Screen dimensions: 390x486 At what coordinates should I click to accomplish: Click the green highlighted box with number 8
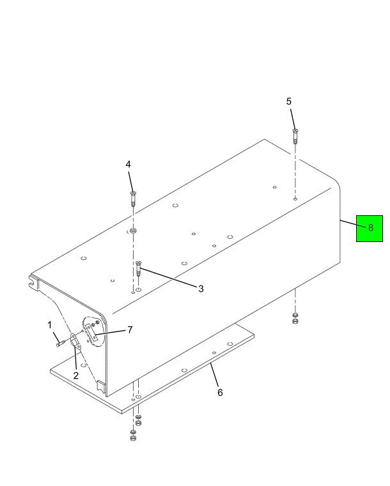point(369,229)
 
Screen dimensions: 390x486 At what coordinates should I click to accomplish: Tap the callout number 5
point(289,102)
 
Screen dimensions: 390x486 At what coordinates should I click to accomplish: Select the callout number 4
point(128,164)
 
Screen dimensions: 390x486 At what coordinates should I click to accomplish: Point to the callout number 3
point(201,289)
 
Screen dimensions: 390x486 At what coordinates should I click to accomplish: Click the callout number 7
point(130,330)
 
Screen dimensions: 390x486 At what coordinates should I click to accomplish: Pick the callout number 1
point(49,325)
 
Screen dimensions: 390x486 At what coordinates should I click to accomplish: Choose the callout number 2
point(75,376)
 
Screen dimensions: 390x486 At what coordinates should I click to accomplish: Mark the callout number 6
point(220,393)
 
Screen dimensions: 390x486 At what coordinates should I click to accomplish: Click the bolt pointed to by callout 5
point(295,136)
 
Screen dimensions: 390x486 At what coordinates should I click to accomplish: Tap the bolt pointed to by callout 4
point(134,199)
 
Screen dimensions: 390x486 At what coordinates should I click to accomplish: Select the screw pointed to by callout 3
point(139,268)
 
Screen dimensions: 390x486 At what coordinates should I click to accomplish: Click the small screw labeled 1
point(59,343)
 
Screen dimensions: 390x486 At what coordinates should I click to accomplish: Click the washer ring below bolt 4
point(134,231)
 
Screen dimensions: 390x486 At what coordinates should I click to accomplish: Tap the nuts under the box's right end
point(295,318)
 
